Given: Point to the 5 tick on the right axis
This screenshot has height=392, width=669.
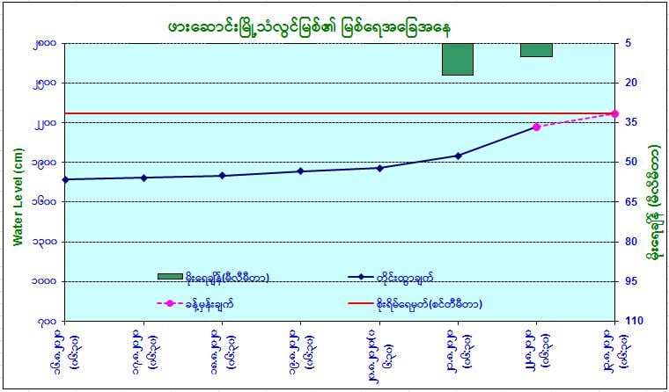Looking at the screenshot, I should click(x=634, y=43).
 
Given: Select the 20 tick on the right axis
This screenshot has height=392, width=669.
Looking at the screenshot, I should click(x=634, y=83).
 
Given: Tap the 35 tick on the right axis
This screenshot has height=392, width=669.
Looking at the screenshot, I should click(x=634, y=122).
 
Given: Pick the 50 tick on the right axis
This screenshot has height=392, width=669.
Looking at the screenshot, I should click(x=634, y=163).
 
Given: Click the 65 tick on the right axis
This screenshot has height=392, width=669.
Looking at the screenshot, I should click(x=634, y=202).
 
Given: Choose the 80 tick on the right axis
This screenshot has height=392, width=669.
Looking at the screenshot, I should click(x=634, y=242).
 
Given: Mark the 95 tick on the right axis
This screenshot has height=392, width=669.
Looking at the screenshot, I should click(x=634, y=281).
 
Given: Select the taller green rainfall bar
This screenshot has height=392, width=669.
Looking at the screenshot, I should click(x=458, y=59).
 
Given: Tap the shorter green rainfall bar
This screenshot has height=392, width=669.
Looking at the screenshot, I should click(x=536, y=49).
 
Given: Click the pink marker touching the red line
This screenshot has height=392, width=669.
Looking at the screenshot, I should click(x=614, y=113).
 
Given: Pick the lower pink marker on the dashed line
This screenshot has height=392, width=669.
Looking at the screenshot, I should click(x=536, y=127).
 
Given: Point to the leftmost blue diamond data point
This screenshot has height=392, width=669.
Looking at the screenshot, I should click(x=65, y=179).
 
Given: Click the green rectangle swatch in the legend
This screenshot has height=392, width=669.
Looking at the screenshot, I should click(x=170, y=277).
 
